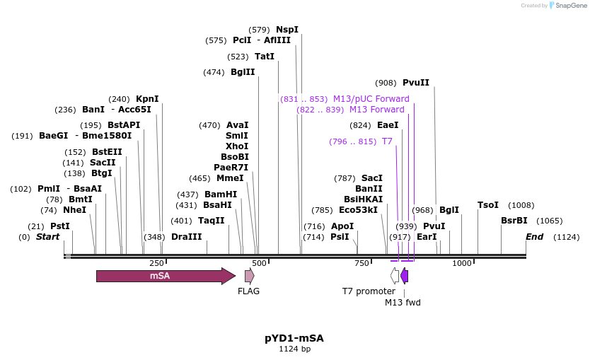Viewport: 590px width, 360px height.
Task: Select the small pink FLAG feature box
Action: [x=249, y=276]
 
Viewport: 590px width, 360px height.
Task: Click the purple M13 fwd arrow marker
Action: [x=404, y=276]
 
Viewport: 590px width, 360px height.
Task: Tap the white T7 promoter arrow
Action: [x=395, y=276]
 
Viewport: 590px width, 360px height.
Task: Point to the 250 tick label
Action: [x=156, y=263]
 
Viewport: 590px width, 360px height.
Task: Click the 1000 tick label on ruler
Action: [x=462, y=263]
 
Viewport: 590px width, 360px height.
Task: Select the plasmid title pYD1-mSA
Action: [x=294, y=338]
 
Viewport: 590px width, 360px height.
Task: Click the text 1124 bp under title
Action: [x=294, y=349]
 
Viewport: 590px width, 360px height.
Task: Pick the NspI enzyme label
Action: [x=287, y=30]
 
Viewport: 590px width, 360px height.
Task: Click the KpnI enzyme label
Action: [x=147, y=99]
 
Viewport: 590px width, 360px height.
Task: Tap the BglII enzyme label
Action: [x=243, y=72]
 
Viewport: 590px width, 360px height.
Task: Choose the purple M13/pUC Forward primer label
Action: [x=371, y=99]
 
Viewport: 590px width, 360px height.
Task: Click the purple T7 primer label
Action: [x=387, y=141]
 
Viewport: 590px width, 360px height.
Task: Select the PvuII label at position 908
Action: [x=416, y=83]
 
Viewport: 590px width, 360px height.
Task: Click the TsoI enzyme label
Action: [x=488, y=205]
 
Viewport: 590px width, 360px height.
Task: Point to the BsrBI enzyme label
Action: [x=514, y=221]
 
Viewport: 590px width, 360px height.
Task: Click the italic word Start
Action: [x=48, y=236]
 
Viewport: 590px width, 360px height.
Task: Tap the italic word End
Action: [x=534, y=236]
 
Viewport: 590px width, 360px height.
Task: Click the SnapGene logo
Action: [x=569, y=6]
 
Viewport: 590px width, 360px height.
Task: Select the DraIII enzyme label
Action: [x=186, y=237]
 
